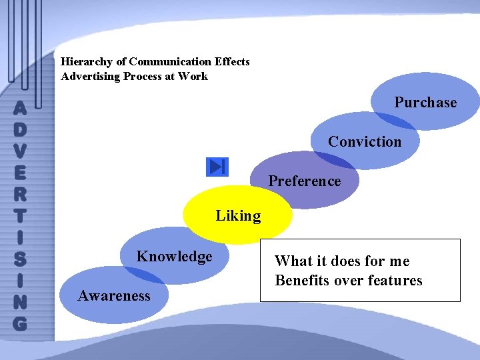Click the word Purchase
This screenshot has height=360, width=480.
[425, 103]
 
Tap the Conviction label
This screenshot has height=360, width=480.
[365, 142]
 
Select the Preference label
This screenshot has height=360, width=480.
[304, 181]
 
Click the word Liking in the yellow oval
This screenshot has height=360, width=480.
[238, 216]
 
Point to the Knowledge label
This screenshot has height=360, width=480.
[174, 257]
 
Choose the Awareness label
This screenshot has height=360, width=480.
[114, 296]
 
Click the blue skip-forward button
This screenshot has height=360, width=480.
[217, 167]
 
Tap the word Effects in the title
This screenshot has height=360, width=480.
[232, 62]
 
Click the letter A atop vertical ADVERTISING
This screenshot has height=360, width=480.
[20, 107]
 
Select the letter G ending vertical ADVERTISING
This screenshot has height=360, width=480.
[20, 323]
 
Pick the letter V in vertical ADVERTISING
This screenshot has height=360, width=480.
[20, 150]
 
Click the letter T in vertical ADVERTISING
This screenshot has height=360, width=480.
[20, 215]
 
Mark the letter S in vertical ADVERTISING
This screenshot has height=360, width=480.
[20, 259]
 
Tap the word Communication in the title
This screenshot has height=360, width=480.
[170, 62]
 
